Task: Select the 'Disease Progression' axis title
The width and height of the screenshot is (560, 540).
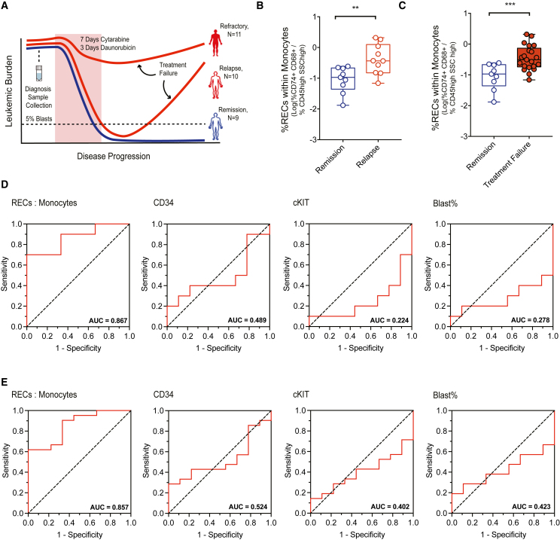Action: point(112,157)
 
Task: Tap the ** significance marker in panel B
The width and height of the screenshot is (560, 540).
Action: point(335,15)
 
